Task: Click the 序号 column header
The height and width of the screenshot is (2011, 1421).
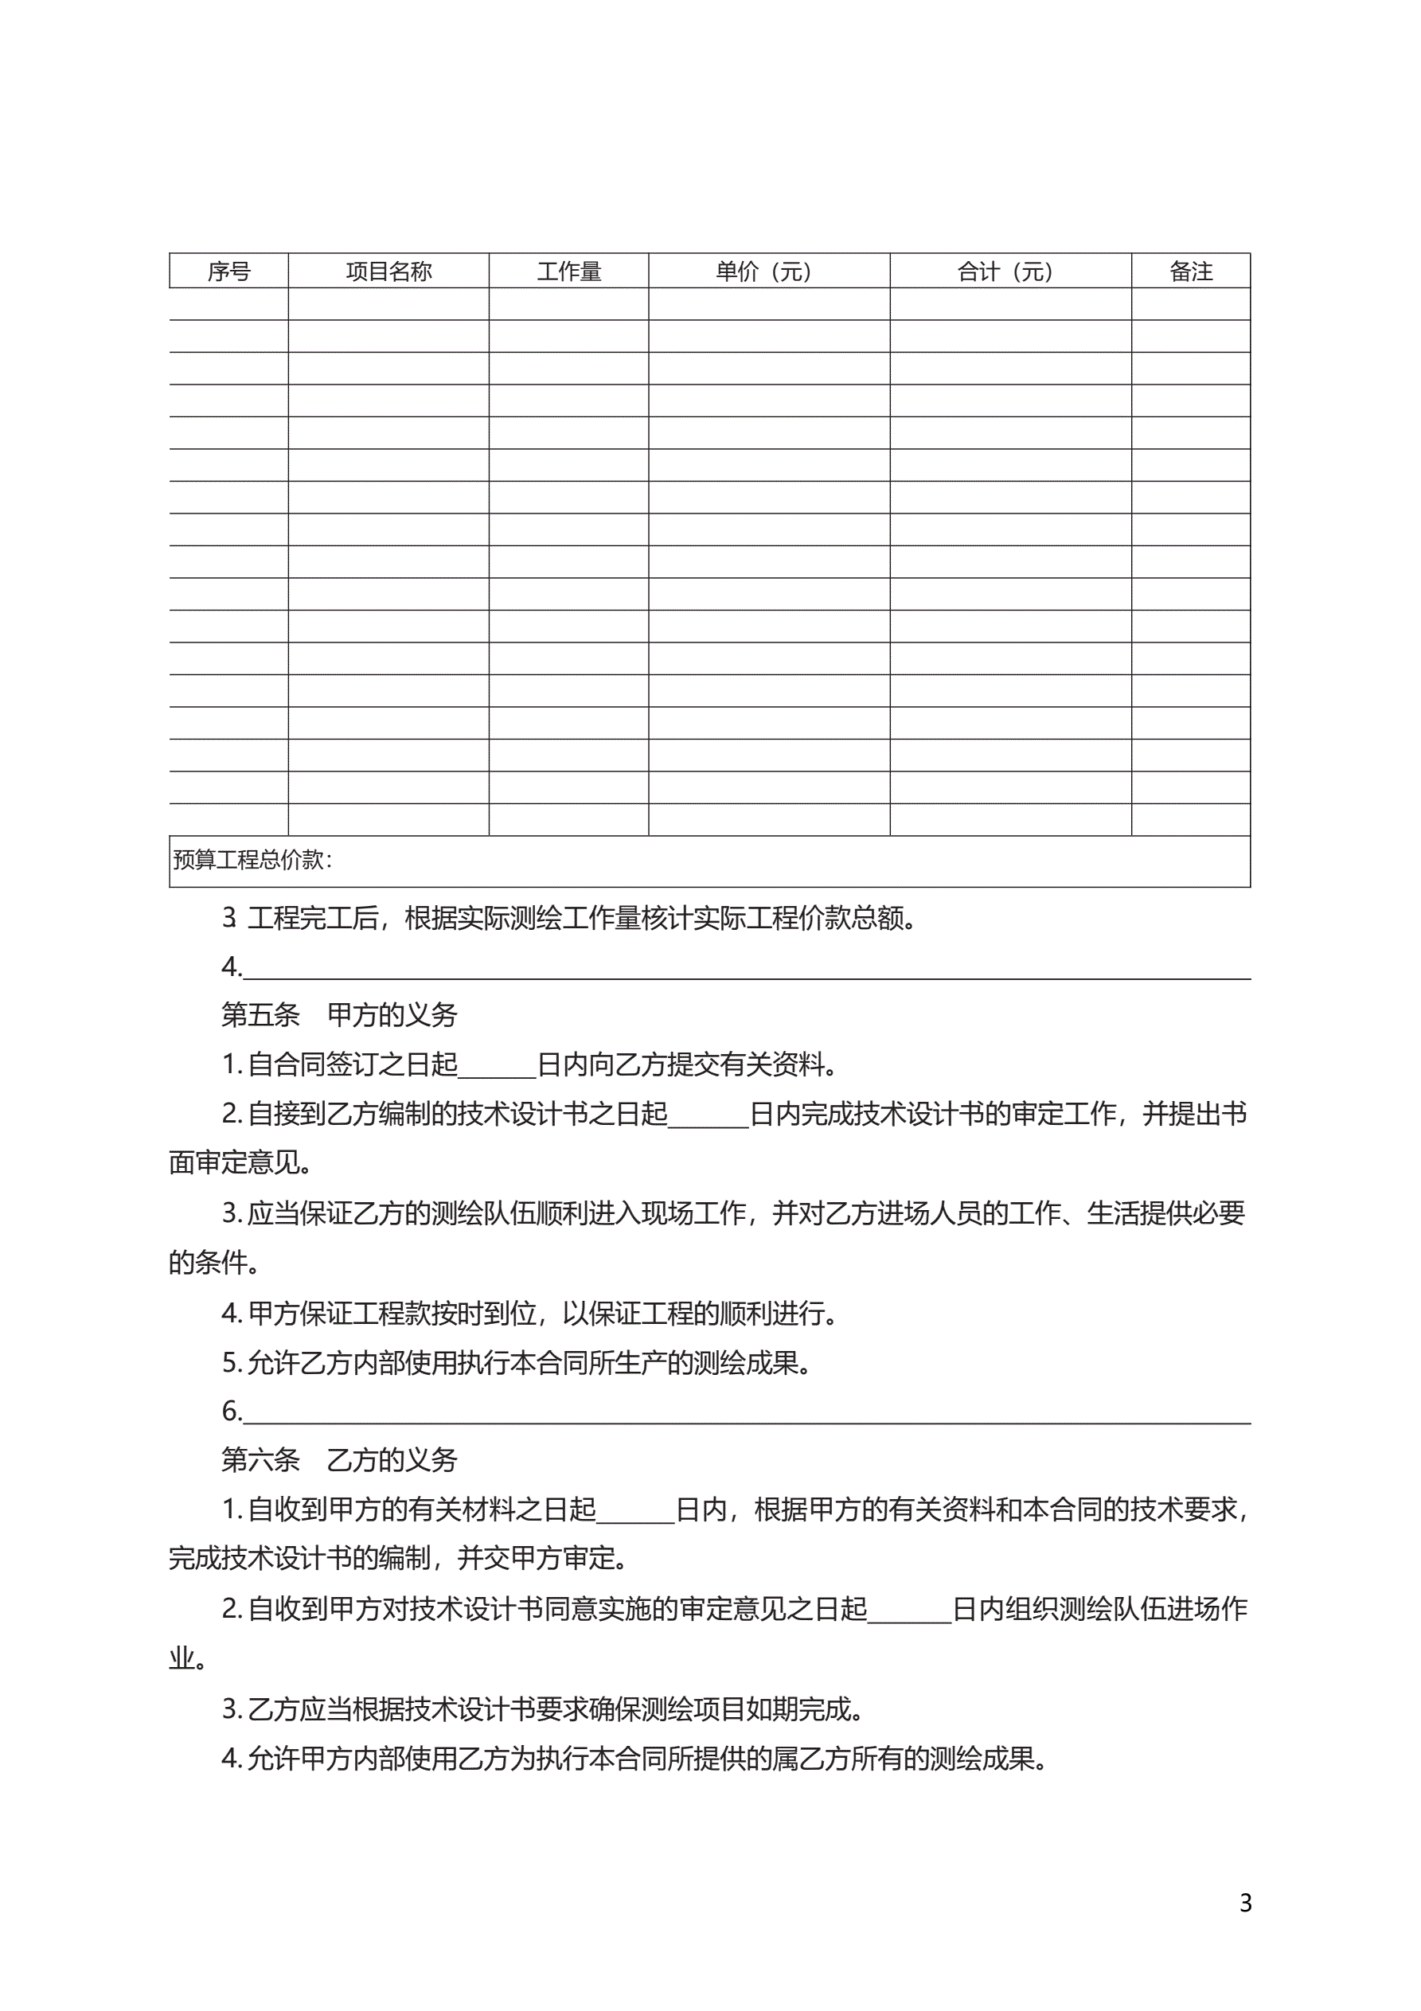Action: (228, 271)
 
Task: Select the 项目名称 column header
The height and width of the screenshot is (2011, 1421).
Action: (388, 271)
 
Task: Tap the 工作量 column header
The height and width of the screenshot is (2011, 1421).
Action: (568, 271)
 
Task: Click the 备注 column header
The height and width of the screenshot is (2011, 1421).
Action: (1191, 271)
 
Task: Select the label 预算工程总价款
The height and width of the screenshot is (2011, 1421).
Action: (251, 860)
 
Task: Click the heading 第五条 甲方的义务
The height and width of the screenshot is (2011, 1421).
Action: (339, 1015)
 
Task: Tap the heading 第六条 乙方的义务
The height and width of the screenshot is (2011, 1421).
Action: (339, 1460)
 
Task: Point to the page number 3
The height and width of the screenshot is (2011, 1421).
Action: (1245, 1903)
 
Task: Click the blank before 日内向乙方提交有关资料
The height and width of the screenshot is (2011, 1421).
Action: (497, 1066)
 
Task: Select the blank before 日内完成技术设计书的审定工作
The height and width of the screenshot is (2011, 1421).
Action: (708, 1115)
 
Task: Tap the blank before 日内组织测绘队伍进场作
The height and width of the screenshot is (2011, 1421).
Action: (909, 1610)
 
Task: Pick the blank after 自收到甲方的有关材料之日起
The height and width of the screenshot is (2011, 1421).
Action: (636, 1511)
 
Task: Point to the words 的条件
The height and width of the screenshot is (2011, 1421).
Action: (210, 1263)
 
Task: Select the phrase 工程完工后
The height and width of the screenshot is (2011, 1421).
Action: (313, 919)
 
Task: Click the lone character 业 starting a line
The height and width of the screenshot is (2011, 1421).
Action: (182, 1659)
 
